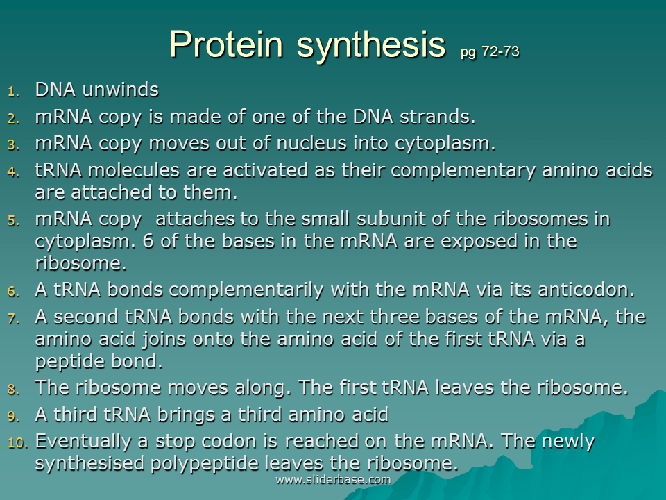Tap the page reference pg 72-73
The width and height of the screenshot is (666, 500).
[489, 52]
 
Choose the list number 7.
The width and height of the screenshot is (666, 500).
[15, 318]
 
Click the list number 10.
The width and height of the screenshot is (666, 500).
[17, 442]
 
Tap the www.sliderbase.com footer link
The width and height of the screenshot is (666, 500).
[333, 480]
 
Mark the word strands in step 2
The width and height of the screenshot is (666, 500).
[437, 117]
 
